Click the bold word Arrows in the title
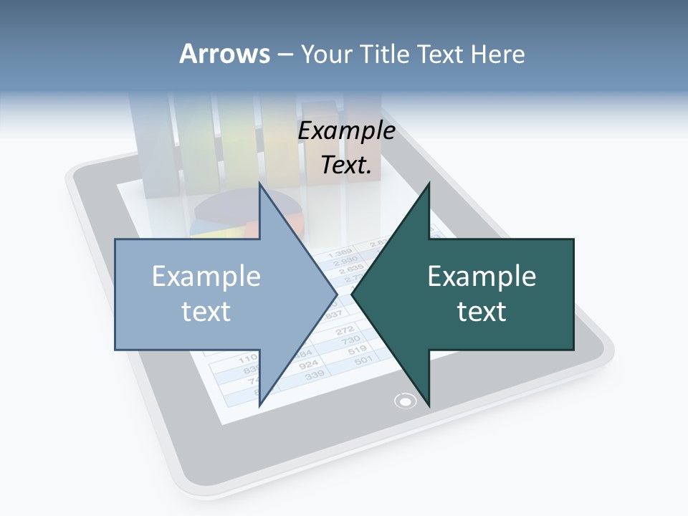[224, 54]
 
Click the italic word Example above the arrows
[347, 131]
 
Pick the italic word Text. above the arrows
[347, 166]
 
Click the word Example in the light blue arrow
[206, 277]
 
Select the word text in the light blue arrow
[206, 312]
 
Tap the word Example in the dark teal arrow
[482, 277]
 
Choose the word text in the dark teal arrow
[482, 312]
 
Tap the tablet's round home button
[406, 401]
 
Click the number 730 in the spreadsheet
[350, 340]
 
